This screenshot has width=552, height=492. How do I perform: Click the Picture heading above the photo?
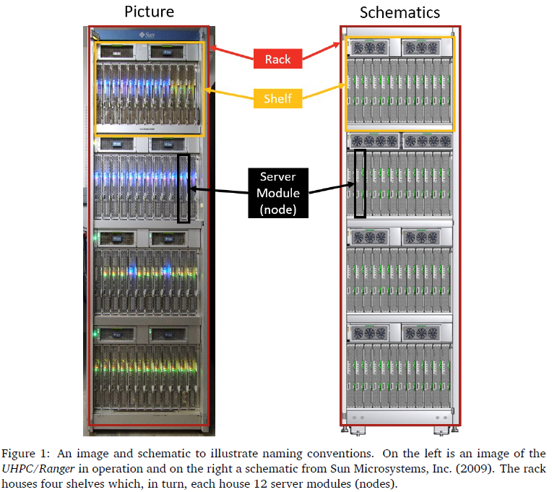point(148,12)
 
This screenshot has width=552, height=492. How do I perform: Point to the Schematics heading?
point(400,12)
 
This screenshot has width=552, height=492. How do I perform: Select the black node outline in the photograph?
point(184,188)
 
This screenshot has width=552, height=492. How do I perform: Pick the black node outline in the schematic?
point(360,184)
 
